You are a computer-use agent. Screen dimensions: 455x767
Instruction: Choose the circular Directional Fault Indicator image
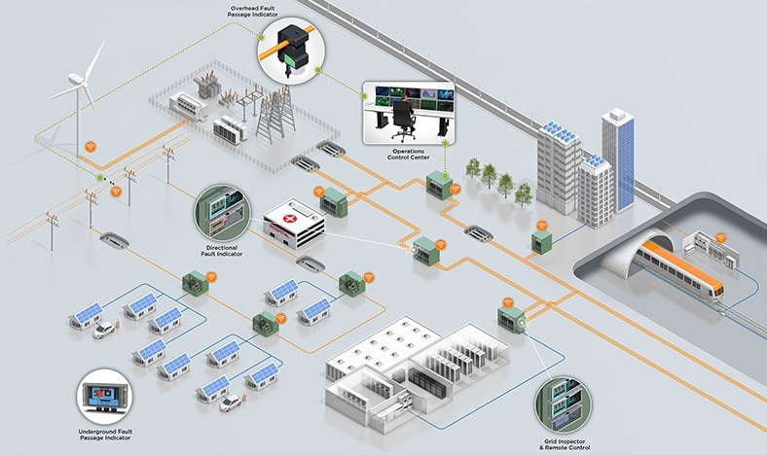tap(222, 214)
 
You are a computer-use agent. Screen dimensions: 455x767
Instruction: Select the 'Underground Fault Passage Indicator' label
tap(105, 433)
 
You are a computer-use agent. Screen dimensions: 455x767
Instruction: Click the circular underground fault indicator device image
tap(105, 397)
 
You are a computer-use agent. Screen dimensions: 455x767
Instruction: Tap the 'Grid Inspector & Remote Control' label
tap(563, 439)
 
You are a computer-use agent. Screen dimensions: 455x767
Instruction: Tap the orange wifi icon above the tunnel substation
tap(721, 237)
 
